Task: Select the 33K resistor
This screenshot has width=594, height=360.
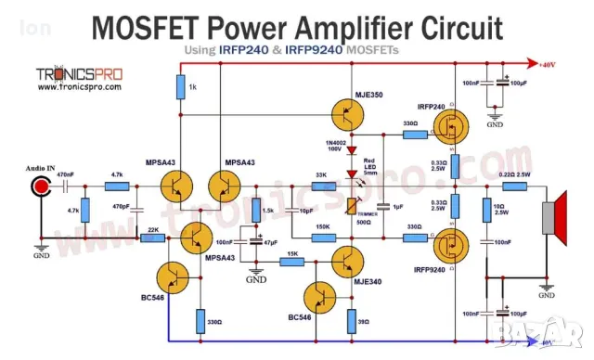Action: click(322, 186)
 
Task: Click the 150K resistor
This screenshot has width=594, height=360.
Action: click(322, 238)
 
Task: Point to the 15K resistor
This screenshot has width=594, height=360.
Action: click(292, 262)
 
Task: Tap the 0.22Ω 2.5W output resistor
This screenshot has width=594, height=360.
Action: click(512, 186)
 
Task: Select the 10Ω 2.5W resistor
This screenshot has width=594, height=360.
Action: click(484, 212)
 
